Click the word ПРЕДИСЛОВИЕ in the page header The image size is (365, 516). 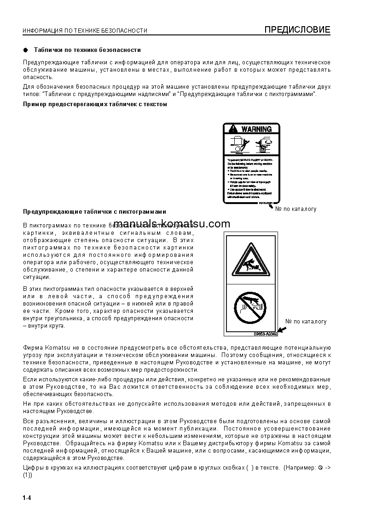tap(297, 30)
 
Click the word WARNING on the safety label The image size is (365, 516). tap(256, 129)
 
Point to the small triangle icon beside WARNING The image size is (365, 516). tap(233, 129)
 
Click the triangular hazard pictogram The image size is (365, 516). tap(250, 263)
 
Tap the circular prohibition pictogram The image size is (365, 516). tap(250, 307)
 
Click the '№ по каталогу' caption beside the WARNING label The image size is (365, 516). tap(296, 209)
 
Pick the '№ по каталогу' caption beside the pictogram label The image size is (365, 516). tap(306, 321)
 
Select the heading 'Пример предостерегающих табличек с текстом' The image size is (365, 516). tap(95, 104)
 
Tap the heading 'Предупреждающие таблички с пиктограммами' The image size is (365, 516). tap(94, 212)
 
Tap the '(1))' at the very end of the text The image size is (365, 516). tap(28, 475)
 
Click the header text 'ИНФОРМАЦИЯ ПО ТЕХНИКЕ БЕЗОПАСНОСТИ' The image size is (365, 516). tap(85, 31)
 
